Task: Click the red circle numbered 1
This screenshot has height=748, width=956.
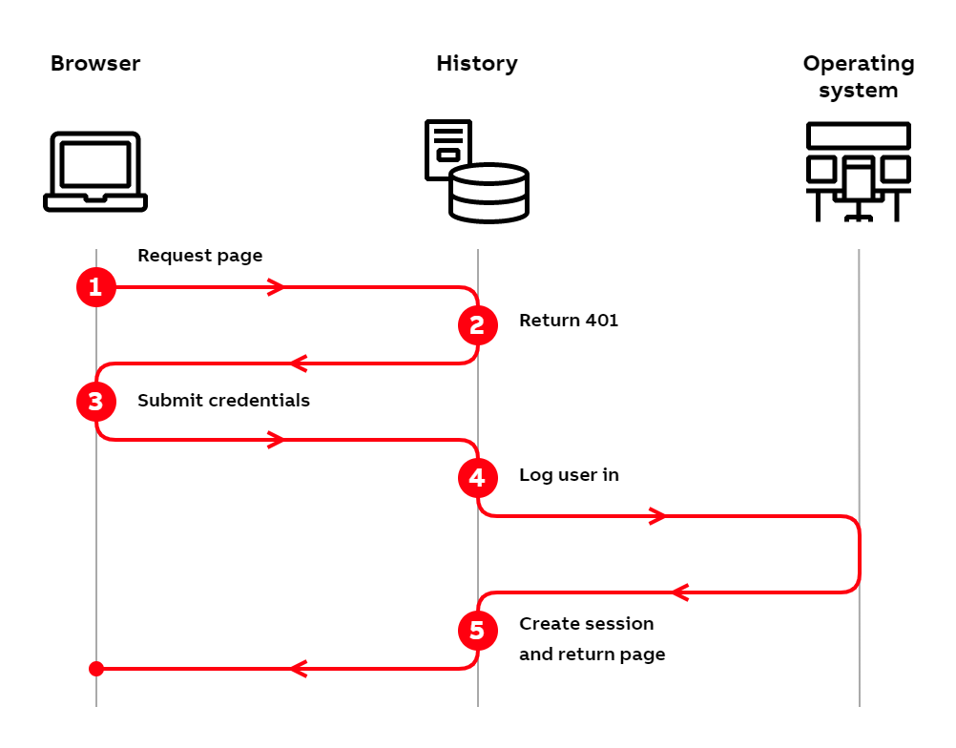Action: click(x=95, y=287)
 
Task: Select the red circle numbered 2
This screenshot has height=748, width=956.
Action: click(x=477, y=325)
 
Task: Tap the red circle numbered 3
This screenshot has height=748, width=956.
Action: click(x=95, y=402)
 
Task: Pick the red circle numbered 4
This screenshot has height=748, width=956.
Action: click(x=477, y=477)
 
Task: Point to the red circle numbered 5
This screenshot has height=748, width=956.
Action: click(x=477, y=630)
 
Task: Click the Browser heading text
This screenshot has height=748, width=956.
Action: click(x=95, y=64)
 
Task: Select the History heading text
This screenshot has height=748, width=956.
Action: click(x=477, y=64)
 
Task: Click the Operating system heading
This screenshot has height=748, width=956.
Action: click(x=858, y=76)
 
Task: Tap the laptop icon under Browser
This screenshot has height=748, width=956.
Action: click(x=95, y=172)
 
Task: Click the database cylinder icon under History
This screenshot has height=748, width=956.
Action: click(x=488, y=194)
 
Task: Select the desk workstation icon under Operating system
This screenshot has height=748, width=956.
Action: click(x=858, y=172)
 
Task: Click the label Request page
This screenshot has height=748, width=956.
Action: click(x=199, y=256)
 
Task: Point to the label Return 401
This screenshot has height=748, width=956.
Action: click(x=569, y=321)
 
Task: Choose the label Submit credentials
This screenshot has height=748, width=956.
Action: click(x=223, y=401)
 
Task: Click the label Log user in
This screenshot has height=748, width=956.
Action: click(x=569, y=474)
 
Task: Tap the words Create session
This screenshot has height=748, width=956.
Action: click(x=586, y=624)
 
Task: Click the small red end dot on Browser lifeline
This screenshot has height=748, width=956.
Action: click(x=95, y=668)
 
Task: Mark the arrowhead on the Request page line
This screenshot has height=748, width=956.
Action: click(x=277, y=287)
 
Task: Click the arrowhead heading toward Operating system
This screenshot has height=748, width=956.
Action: click(x=657, y=516)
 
